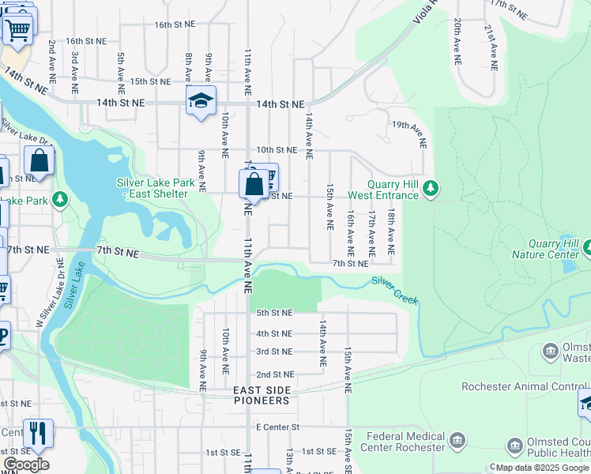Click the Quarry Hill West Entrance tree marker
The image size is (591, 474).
point(430,188)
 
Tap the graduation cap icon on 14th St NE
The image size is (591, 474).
point(201,100)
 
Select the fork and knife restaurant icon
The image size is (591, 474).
point(37,432)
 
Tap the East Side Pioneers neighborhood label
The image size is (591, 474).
point(261,396)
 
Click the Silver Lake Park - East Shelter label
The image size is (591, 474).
point(156,188)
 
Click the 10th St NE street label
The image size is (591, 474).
point(276,149)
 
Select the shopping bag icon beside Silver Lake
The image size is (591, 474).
point(39,161)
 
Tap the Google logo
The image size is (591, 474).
point(26,465)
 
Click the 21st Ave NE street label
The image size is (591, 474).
point(491,47)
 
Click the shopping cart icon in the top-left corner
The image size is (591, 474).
point(17,29)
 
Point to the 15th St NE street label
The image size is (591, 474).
point(150,81)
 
